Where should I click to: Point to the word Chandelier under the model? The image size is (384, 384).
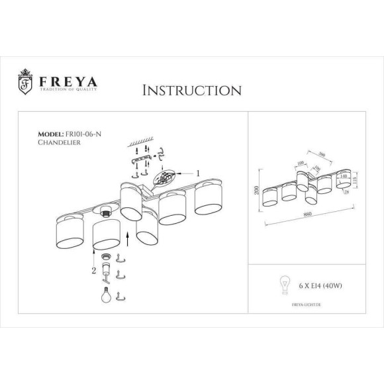tap(59, 142)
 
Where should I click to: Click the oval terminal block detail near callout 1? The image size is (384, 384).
tap(166, 179)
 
